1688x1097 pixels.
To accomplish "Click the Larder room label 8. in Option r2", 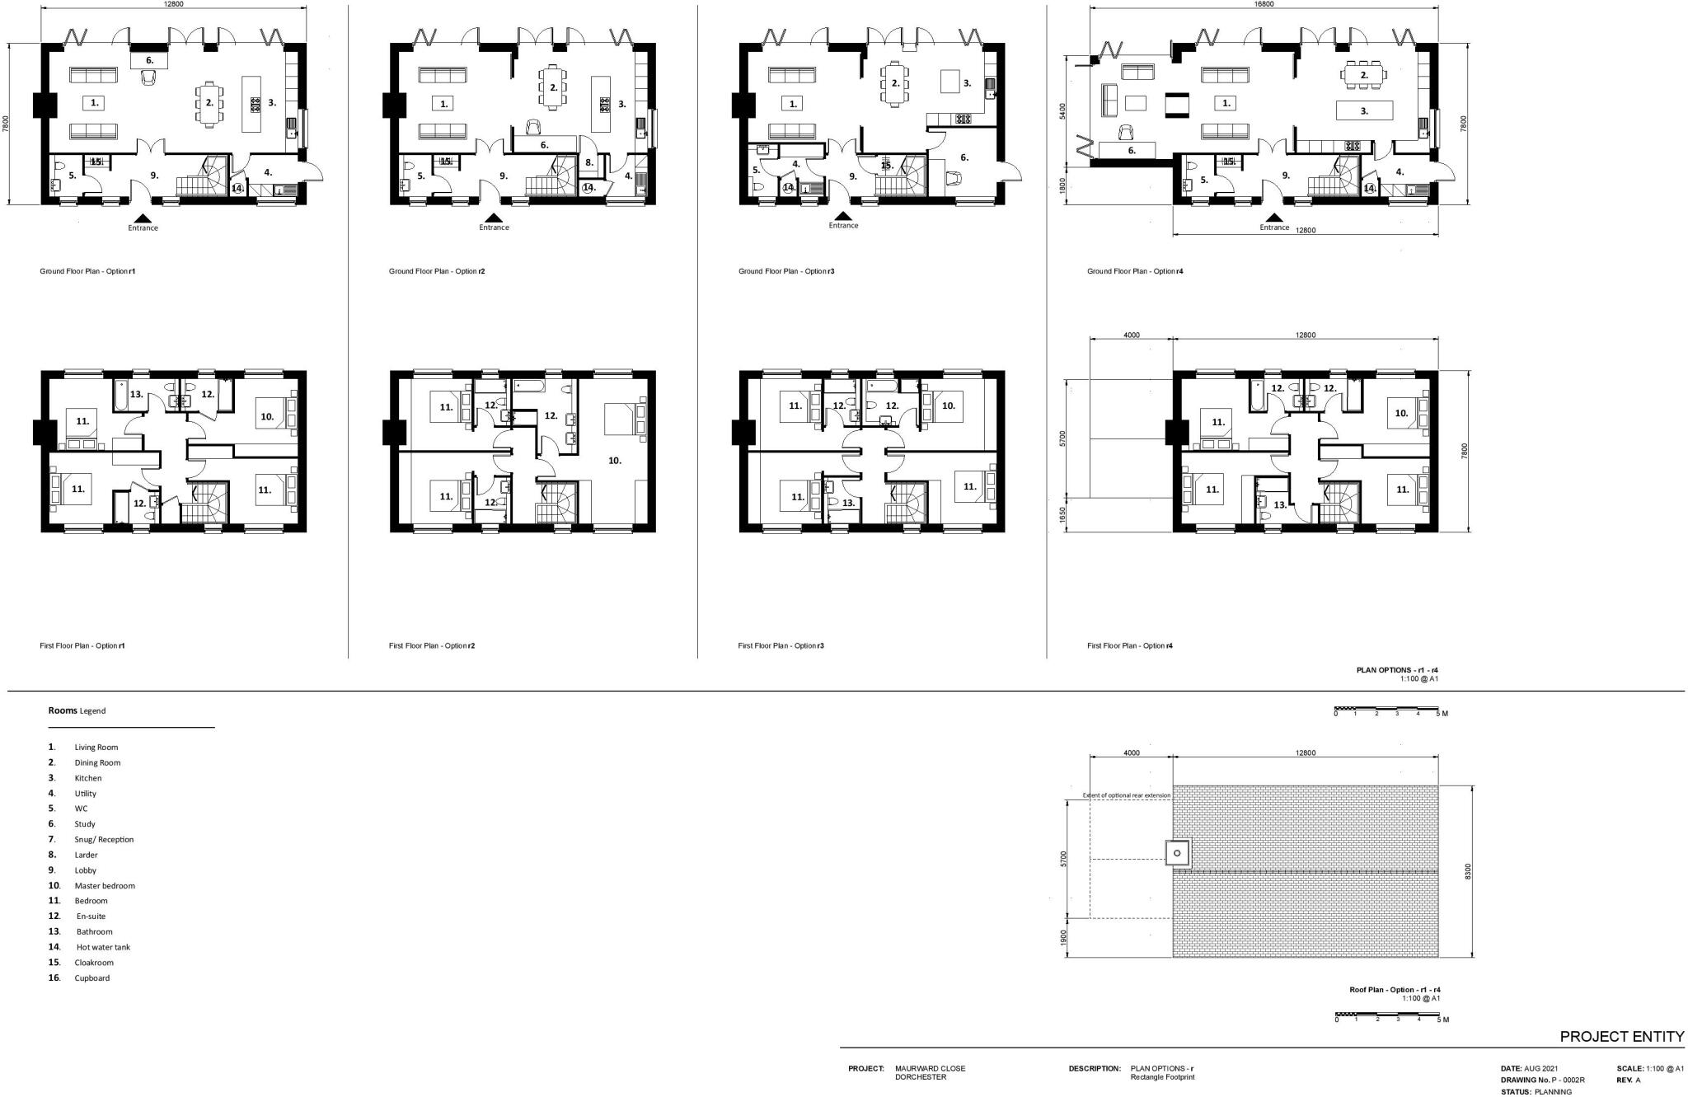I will coord(589,162).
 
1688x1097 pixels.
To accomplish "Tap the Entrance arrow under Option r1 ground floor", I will coord(143,218).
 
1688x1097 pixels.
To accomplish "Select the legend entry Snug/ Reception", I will coord(104,839).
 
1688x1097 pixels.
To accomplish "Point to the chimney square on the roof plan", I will coord(1177,853).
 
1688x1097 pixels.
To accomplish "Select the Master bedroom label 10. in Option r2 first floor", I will coord(615,460).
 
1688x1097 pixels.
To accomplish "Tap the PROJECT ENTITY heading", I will coord(1621,1036).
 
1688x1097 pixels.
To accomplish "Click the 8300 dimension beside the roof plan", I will coord(1468,871).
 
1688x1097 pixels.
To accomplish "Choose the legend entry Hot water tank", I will coord(103,947).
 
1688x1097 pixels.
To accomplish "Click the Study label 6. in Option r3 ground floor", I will coord(964,157).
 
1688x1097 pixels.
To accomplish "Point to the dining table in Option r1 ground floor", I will coord(210,103).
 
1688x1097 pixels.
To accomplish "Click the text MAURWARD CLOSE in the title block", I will coord(930,1068).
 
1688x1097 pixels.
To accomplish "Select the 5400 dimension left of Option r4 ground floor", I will coord(1062,111).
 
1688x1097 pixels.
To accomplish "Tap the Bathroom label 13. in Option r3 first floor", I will coord(848,502).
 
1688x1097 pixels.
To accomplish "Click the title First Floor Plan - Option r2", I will coord(431,645).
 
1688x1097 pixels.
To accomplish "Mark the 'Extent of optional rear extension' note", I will coord(1126,795).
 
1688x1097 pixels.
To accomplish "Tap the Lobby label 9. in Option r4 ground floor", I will coord(1285,176).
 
